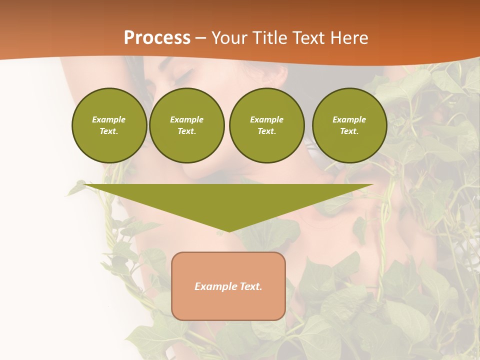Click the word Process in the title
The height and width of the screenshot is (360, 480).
click(x=157, y=38)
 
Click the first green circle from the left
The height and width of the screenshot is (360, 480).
click(x=109, y=125)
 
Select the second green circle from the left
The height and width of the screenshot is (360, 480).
click(x=186, y=125)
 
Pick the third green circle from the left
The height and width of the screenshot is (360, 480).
click(x=266, y=125)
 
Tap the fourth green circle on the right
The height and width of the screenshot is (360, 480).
click(x=349, y=125)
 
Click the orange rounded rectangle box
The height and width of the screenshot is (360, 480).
click(x=228, y=286)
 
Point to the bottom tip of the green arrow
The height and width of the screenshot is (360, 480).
click(x=228, y=231)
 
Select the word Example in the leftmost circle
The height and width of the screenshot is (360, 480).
click(x=109, y=119)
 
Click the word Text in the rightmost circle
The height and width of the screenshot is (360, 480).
click(x=349, y=131)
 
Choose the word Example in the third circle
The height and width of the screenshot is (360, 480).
click(x=266, y=119)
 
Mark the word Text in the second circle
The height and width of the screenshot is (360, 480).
click(x=186, y=131)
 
